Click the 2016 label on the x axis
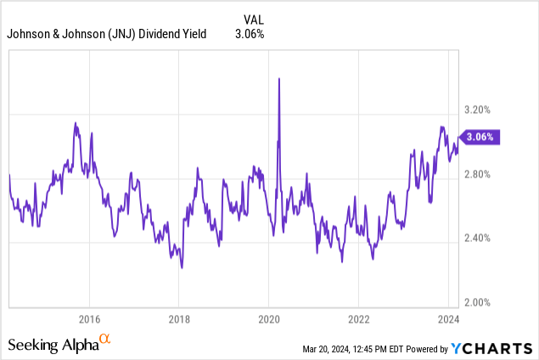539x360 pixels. [x=89, y=319]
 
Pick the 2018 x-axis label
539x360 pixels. [x=179, y=319]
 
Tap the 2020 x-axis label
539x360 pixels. [x=268, y=319]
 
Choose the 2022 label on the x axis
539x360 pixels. [x=358, y=319]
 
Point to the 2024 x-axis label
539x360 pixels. [x=447, y=319]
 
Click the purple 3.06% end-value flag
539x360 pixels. [x=480, y=136]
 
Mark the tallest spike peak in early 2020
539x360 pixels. [x=279, y=79]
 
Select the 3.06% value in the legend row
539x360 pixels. [x=248, y=34]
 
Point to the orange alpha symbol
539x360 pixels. [x=105, y=340]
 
